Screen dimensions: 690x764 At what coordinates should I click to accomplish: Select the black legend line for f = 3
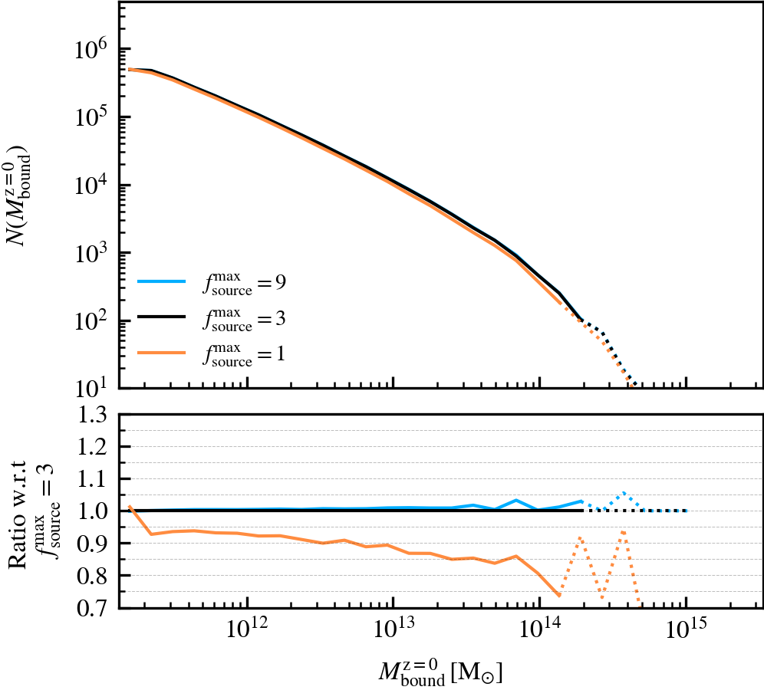(x=162, y=317)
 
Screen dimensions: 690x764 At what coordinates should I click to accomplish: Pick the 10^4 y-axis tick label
(x=92, y=185)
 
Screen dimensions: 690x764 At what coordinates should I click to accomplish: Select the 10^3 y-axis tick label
(x=92, y=252)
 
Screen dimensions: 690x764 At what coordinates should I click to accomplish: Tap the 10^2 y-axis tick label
(x=92, y=320)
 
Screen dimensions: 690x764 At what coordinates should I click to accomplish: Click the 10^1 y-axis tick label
(x=92, y=387)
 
